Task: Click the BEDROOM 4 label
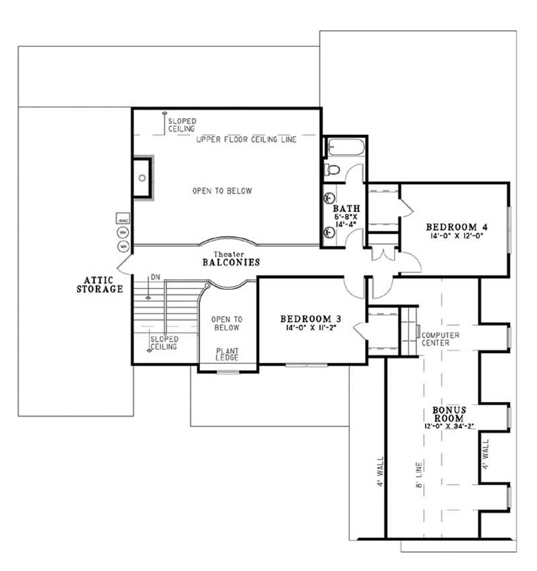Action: click(452, 226)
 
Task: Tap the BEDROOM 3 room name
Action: click(307, 318)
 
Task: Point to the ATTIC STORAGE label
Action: click(103, 284)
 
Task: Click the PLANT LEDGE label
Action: click(226, 354)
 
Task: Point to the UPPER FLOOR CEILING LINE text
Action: click(246, 140)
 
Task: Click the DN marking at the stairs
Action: click(155, 276)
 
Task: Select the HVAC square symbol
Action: click(123, 220)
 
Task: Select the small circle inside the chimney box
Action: click(142, 178)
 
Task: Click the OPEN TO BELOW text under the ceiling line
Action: click(222, 191)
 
